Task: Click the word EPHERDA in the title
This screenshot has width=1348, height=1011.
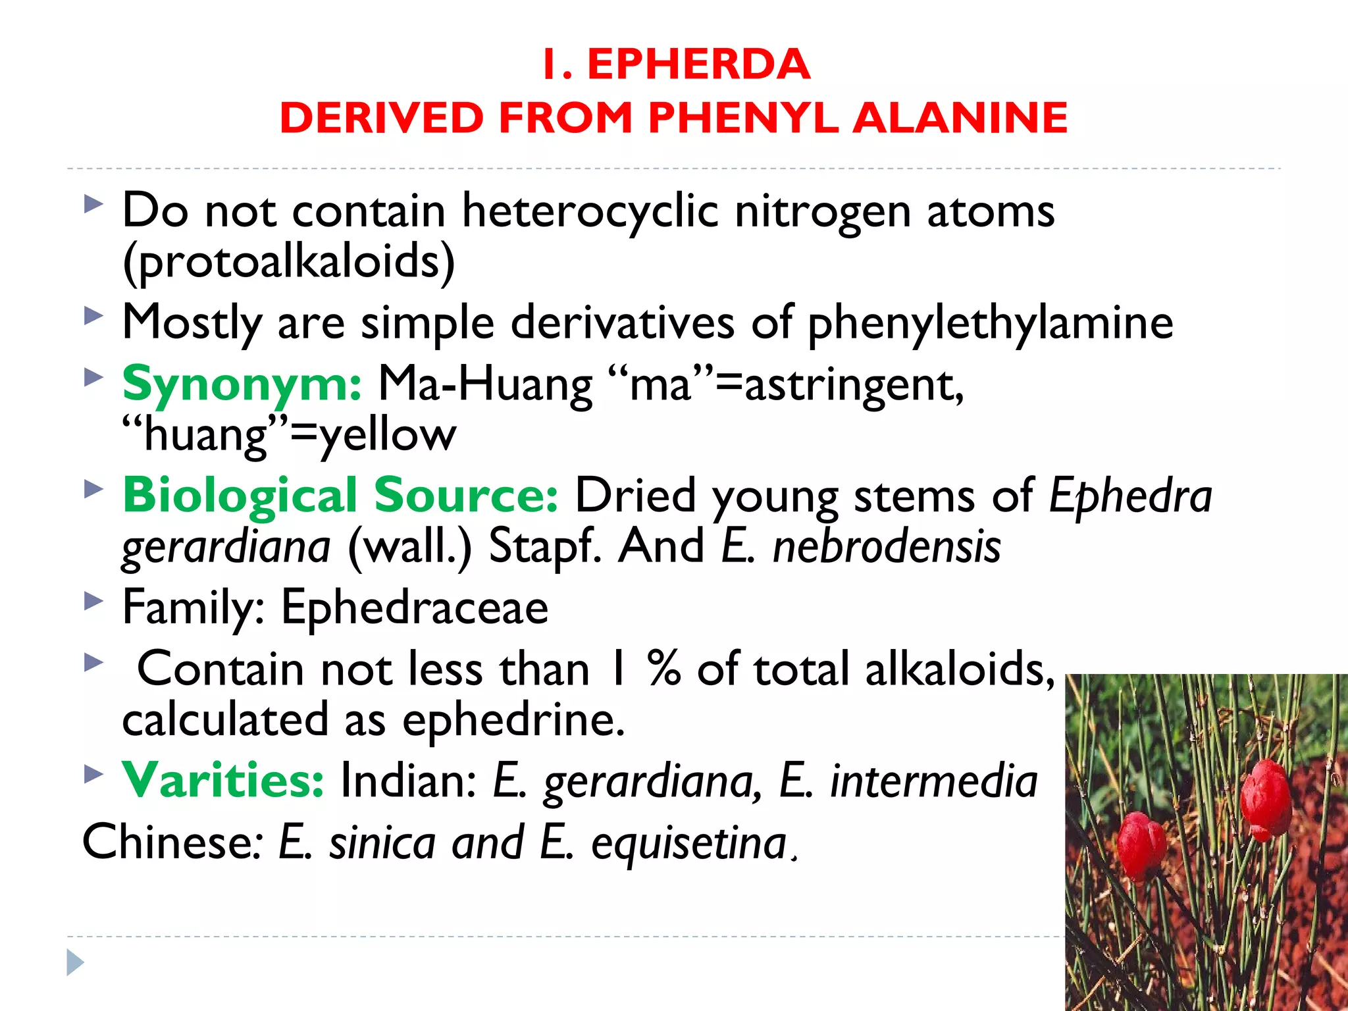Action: [698, 65]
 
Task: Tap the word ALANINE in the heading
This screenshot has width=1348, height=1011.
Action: [960, 118]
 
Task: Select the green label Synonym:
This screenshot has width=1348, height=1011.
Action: [242, 384]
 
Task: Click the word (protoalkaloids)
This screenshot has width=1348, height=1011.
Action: [288, 261]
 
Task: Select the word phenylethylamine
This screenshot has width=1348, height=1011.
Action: [990, 323]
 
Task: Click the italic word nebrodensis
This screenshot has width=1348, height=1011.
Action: [887, 546]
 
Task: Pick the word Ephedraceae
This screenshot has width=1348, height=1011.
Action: [415, 607]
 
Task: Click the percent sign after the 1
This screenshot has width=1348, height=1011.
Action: [663, 669]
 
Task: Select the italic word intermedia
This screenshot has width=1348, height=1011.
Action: [934, 781]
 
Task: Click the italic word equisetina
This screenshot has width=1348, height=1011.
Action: [688, 842]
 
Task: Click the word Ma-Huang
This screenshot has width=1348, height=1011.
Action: [485, 384]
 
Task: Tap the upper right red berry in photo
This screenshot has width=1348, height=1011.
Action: [1265, 798]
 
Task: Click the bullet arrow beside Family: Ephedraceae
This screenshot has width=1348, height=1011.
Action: [94, 601]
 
